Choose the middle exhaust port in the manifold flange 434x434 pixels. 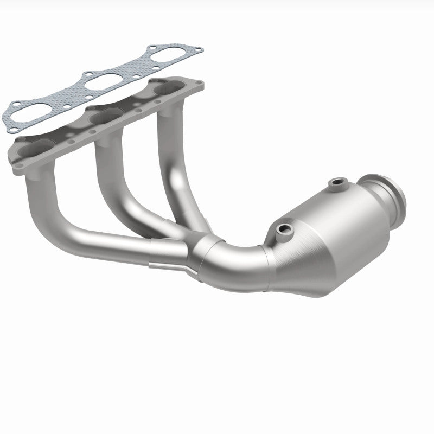point(103,115)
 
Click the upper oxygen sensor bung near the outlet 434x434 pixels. point(339,184)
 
